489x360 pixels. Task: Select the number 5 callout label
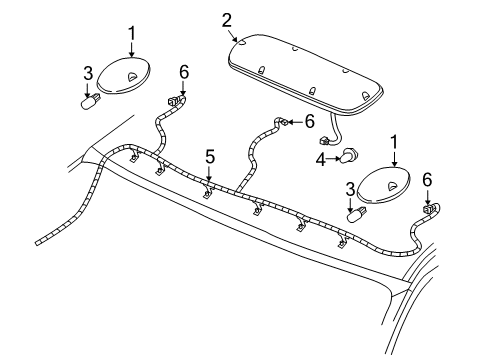(209, 156)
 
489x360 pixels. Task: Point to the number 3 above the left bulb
(87, 73)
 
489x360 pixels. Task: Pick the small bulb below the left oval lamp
(88, 101)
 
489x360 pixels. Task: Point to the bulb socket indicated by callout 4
(348, 156)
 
